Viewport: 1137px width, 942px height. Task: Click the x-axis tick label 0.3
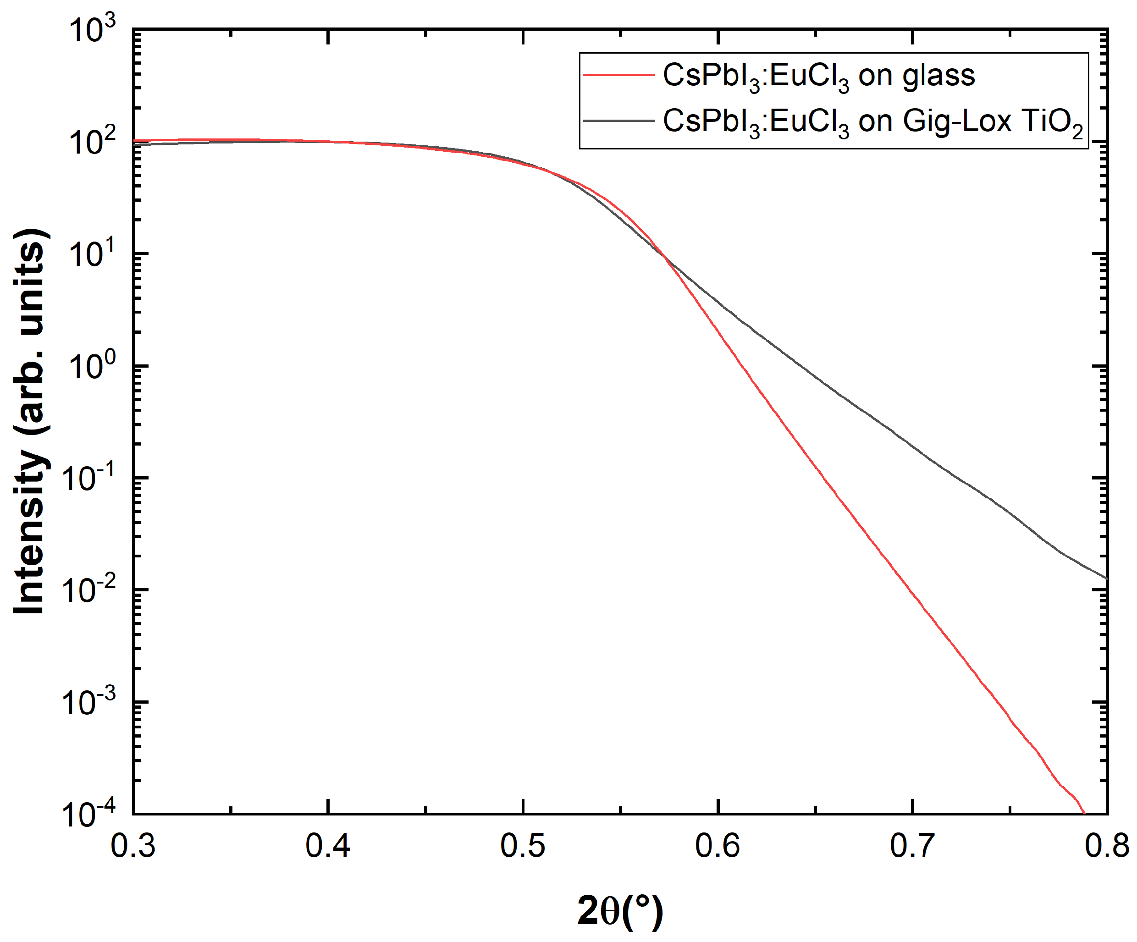[133, 846]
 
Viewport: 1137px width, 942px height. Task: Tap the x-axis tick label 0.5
[523, 846]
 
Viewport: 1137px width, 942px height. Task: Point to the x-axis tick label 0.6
[718, 846]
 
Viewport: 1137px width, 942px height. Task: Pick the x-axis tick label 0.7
[912, 846]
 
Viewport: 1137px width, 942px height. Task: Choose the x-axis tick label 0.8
[1107, 846]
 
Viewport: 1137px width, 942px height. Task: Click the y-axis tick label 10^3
[92, 29]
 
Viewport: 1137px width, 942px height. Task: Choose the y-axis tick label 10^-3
[89, 702]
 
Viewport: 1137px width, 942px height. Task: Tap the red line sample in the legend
[618, 75]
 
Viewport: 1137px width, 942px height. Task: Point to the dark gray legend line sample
[618, 120]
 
